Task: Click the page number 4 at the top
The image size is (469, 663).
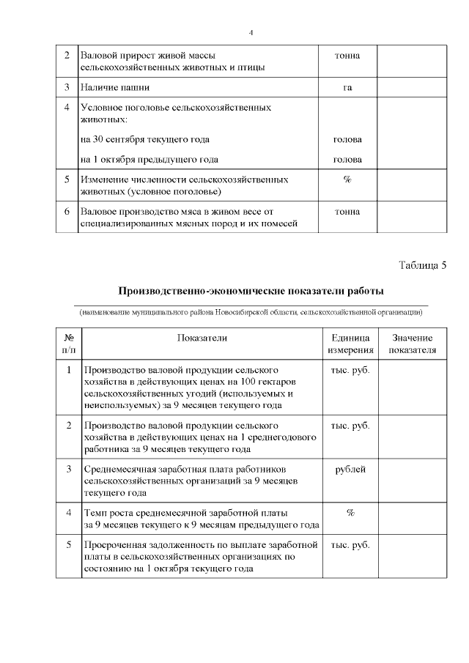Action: pyautogui.click(x=251, y=32)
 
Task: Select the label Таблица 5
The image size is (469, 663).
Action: pyautogui.click(x=422, y=264)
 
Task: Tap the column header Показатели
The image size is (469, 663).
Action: pyautogui.click(x=202, y=338)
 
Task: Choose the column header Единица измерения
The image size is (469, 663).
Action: pyautogui.click(x=350, y=344)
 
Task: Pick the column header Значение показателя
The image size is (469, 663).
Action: pyautogui.click(x=412, y=344)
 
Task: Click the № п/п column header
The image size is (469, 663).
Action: pyautogui.click(x=68, y=344)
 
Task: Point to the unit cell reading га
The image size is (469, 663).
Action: pyautogui.click(x=347, y=88)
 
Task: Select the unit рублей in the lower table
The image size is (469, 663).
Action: pyautogui.click(x=350, y=470)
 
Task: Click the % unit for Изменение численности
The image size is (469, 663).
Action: pyautogui.click(x=347, y=179)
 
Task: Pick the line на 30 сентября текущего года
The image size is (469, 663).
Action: pyautogui.click(x=145, y=139)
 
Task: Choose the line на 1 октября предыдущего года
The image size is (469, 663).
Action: pyautogui.click(x=149, y=159)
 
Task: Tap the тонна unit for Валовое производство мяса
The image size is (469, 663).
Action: pyautogui.click(x=347, y=212)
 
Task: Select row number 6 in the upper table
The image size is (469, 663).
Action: pyautogui.click(x=67, y=212)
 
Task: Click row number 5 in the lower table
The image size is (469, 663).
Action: pyautogui.click(x=68, y=545)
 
